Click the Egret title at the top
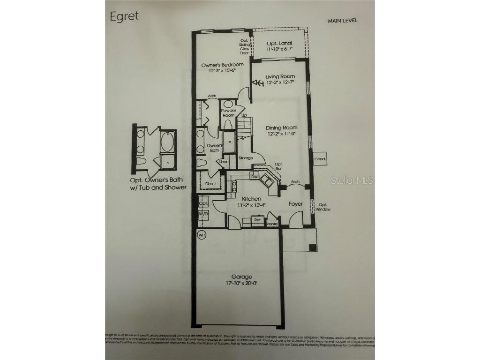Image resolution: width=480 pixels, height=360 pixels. pos(124,16)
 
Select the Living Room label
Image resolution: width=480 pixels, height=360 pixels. pos(280,76)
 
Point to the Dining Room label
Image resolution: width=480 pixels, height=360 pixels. pos(281,127)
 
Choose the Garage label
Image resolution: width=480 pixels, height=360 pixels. pos(241,277)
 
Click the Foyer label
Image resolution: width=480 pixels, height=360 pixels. pos(295,204)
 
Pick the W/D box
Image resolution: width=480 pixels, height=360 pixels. pos(203,214)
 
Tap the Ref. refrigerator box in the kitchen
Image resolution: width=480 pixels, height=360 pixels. pos(257,219)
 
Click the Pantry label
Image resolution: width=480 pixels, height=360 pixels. pos(272,224)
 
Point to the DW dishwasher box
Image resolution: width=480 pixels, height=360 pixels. pos(255,177)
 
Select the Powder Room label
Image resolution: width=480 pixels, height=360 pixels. pos(228,112)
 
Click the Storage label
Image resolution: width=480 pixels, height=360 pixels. pos(246,158)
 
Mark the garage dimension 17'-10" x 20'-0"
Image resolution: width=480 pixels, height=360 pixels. pos(241,283)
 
